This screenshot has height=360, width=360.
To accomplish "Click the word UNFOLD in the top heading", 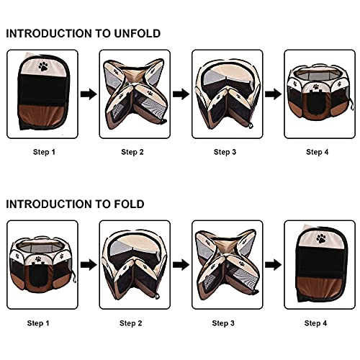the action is [x=137, y=34].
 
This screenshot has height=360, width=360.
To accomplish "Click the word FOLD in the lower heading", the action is [x=129, y=204].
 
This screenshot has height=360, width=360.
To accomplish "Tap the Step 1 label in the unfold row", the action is [x=44, y=152].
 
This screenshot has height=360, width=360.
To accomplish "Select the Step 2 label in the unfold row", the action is [x=132, y=152].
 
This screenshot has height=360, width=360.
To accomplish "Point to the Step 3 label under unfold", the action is [x=225, y=152].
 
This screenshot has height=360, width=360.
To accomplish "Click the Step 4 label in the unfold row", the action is [x=318, y=152].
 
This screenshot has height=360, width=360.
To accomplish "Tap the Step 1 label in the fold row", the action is [x=38, y=323].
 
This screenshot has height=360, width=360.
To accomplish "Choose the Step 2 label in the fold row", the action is [x=131, y=323].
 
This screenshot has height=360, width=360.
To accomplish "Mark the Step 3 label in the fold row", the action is [x=223, y=323].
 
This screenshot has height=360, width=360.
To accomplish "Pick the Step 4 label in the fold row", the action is [x=315, y=323].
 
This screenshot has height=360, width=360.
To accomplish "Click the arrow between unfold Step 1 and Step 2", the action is [x=89, y=94].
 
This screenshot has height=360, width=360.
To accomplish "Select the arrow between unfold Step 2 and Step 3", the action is [x=181, y=94].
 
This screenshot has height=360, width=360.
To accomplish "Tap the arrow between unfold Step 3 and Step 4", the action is [x=274, y=94].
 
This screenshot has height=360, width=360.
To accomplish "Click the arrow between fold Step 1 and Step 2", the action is [x=89, y=265].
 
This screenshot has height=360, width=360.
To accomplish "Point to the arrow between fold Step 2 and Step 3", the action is [x=181, y=265].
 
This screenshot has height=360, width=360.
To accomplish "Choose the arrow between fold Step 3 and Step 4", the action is [x=274, y=265].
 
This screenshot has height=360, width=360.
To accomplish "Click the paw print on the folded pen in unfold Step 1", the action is [x=43, y=66].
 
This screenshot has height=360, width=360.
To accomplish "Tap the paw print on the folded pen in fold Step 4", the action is [x=321, y=239].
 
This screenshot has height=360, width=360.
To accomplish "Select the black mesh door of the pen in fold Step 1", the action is [x=38, y=274].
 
